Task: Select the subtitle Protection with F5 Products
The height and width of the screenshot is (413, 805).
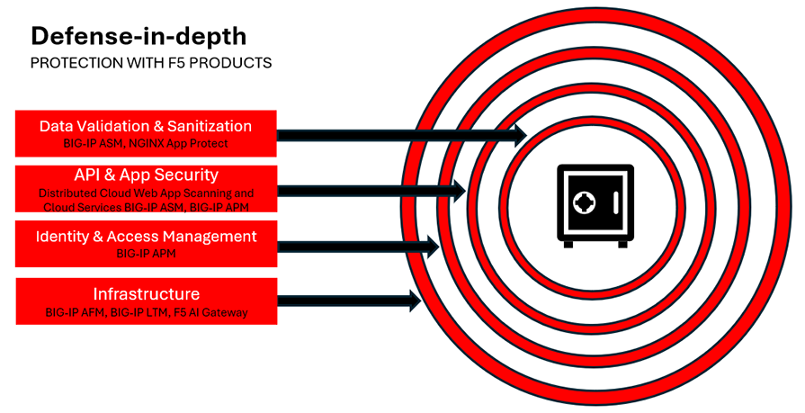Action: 151,63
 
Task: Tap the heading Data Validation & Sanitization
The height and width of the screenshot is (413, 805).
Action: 146,126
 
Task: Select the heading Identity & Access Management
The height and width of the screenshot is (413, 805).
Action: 146,237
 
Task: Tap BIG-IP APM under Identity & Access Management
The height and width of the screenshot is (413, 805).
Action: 146,255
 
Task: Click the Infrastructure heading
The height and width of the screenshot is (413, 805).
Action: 146,294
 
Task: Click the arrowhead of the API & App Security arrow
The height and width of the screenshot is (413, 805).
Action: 458,190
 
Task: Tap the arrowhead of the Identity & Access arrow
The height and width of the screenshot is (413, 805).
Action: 432,245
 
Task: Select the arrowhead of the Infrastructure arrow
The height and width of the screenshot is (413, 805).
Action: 415,301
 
